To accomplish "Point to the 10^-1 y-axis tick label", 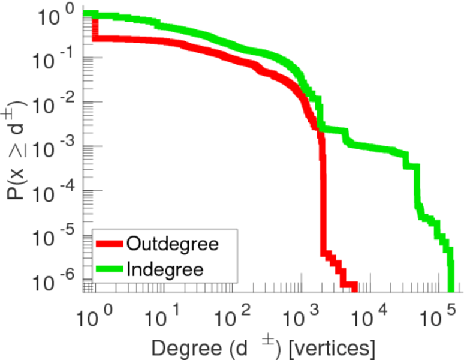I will (x=55, y=58).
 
